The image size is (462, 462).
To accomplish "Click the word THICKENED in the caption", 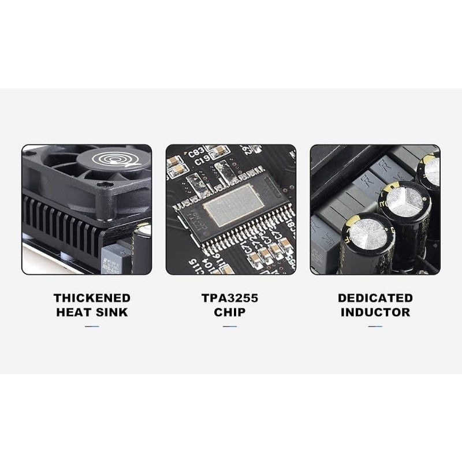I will (x=92, y=298).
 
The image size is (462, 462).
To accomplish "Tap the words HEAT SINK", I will (x=92, y=312).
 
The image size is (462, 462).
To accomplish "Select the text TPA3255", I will (x=230, y=298).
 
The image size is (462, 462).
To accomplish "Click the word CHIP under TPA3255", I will (x=230, y=312).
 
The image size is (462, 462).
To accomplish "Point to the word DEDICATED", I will (x=375, y=298).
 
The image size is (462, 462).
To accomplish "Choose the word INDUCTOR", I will (x=375, y=312).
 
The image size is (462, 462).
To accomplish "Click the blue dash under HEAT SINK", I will (x=92, y=326).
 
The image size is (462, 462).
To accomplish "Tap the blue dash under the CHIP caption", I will (x=230, y=326).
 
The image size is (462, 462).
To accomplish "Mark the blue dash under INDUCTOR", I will (x=375, y=326).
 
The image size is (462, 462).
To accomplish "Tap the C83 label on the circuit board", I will (x=196, y=153).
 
